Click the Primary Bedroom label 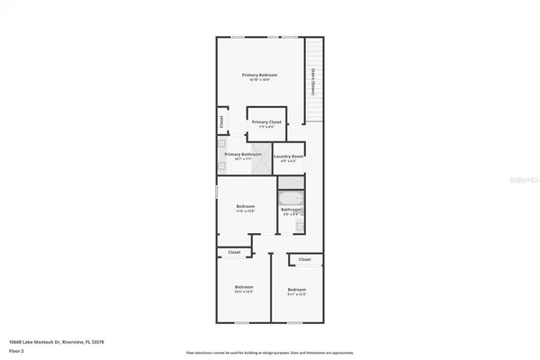pos(260,75)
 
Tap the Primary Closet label pos(266,122)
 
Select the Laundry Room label pos(288,156)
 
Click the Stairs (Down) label pos(312,82)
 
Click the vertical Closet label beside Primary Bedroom pos(220,121)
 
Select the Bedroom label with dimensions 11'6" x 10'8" pos(246,207)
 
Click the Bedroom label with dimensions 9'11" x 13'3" pos(297,290)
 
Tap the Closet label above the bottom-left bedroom pos(235,252)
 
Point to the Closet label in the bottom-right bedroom pos(304,259)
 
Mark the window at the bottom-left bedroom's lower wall pos(241,322)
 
